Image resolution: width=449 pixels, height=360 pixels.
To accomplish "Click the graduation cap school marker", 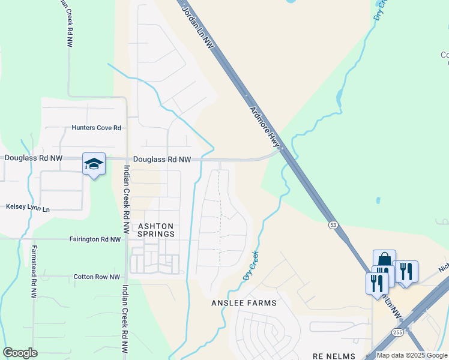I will [94, 164].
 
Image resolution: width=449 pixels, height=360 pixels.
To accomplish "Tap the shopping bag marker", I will [384, 260].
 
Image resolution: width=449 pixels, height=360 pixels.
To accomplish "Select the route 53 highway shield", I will [333, 225].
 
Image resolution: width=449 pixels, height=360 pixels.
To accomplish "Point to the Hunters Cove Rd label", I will [97, 128].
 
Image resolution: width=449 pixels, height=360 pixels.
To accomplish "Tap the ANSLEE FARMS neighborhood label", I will [244, 303].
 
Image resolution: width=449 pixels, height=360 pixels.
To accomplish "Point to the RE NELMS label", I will [334, 356].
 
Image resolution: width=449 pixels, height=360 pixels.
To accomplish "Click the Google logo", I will [20, 353].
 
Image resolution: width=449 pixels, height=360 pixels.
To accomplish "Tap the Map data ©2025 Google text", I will [412, 355].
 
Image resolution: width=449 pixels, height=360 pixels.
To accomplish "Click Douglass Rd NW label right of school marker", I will [162, 160].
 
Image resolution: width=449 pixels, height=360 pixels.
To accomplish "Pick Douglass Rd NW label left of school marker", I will [33, 158].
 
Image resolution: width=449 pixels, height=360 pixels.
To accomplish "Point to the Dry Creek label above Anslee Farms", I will [252, 265].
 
